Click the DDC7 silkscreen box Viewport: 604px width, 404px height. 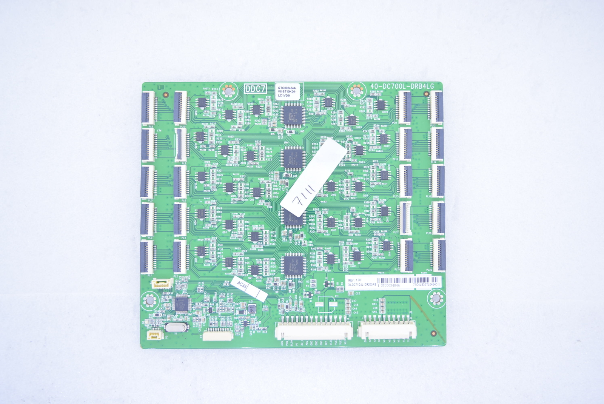tap(255, 89)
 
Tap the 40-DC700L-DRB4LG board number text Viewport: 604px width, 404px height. tap(402, 86)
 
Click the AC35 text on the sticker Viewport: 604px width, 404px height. tap(242, 286)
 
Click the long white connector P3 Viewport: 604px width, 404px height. tap(217, 335)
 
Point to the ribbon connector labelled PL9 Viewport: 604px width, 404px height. tap(149, 108)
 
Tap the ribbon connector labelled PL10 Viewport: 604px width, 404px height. tap(182, 108)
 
